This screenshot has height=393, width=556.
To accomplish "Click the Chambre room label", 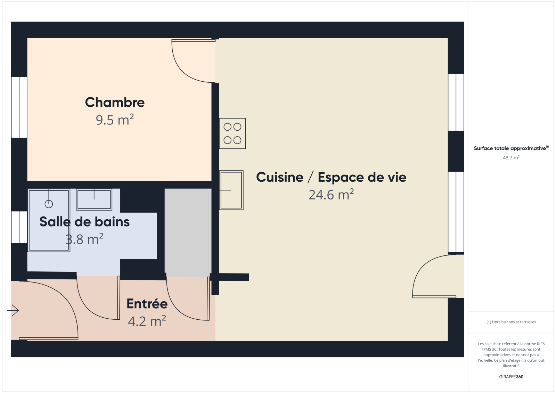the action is (x=115, y=102).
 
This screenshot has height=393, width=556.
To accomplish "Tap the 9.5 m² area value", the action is (x=115, y=120).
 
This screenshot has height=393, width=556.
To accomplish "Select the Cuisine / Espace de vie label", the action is (x=331, y=177).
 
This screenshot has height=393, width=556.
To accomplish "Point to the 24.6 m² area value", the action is (x=331, y=195).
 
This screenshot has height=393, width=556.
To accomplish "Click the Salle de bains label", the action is (x=84, y=222).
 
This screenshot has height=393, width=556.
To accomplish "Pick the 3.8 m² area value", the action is (x=84, y=239).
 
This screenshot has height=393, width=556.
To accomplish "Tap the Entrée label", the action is (x=147, y=304).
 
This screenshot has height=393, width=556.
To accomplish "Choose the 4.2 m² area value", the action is (x=147, y=321).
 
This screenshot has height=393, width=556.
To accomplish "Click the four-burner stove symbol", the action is (x=232, y=133).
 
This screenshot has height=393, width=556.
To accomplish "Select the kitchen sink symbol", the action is (x=231, y=190).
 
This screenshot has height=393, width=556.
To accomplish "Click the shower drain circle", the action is (x=49, y=204).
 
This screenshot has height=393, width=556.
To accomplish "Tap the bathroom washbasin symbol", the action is (x=94, y=199).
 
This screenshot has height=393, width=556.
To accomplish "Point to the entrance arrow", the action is (x=13, y=310).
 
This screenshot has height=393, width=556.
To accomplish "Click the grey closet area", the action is (x=188, y=232).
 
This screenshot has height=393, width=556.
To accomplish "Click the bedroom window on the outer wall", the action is (x=19, y=107).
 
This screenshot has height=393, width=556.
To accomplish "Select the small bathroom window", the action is (x=19, y=227).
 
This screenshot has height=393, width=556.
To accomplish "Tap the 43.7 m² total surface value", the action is (x=511, y=158).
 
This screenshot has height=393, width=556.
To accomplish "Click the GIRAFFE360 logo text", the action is (x=511, y=377).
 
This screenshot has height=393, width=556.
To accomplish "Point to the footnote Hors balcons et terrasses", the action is (x=511, y=322).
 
